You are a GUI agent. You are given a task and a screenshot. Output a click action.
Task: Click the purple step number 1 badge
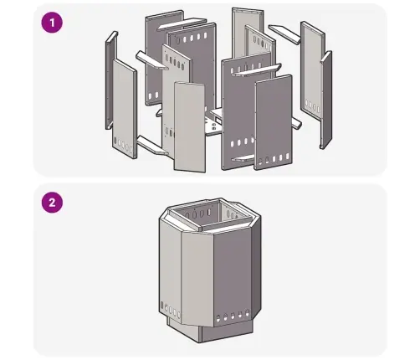[x=52, y=23]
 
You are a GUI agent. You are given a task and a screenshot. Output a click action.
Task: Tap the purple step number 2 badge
[x=52, y=203]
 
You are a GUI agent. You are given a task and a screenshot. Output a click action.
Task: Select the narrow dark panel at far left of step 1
[x=110, y=80]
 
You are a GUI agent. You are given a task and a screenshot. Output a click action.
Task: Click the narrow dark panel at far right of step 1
[x=325, y=100]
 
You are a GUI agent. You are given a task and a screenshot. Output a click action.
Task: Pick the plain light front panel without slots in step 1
[x=190, y=127]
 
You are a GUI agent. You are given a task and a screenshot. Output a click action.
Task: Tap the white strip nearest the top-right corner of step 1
[x=284, y=33]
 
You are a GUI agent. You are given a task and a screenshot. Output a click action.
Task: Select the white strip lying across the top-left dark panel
[x=182, y=23]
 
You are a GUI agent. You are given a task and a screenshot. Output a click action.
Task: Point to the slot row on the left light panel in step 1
[x=123, y=144]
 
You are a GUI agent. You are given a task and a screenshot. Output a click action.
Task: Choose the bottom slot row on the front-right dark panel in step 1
[x=274, y=159]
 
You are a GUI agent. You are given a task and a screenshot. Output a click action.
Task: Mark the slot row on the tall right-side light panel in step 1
[x=313, y=106]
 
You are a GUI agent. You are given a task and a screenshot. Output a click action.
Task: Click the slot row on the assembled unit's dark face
[x=233, y=315]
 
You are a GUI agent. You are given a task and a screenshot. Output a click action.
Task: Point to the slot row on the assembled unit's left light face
[x=170, y=310]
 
